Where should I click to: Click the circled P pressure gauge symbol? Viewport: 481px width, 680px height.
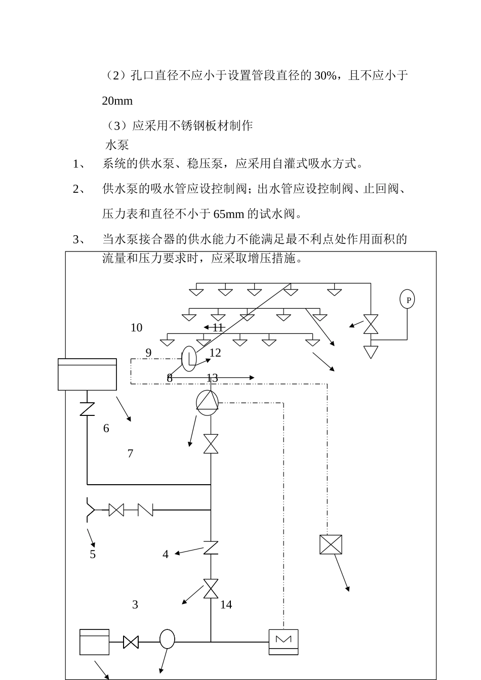click(x=407, y=299)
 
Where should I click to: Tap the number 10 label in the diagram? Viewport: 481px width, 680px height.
click(x=136, y=328)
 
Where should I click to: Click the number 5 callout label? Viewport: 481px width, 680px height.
click(x=93, y=555)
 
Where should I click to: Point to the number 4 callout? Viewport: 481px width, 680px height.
click(x=165, y=555)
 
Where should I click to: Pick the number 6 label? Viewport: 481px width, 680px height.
click(x=106, y=429)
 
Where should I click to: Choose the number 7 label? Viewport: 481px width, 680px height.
click(x=130, y=453)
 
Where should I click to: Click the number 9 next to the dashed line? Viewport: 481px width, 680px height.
click(x=148, y=353)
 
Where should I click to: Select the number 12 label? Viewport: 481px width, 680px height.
click(x=215, y=353)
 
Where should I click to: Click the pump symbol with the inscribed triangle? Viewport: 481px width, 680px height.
click(x=207, y=403)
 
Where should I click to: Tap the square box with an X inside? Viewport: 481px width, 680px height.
click(x=331, y=544)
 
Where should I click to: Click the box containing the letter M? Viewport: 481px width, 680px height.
click(x=284, y=642)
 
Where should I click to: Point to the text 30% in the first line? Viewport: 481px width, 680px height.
click(x=325, y=75)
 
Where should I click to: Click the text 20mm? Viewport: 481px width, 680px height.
click(x=117, y=101)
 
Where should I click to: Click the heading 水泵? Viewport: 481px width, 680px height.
click(x=117, y=145)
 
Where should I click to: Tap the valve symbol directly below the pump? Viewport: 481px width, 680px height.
click(x=211, y=444)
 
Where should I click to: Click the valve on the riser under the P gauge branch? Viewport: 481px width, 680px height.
click(x=371, y=324)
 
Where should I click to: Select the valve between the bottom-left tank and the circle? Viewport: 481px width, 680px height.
click(x=131, y=642)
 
